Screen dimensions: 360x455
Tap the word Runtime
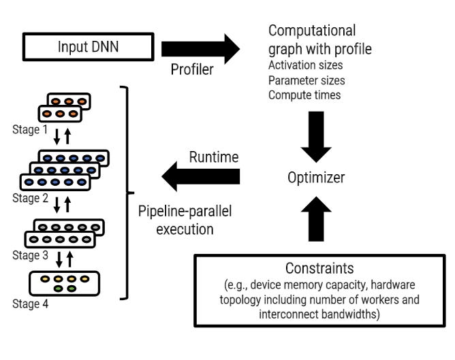pos(213,158)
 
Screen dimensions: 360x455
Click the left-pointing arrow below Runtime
pos(200,178)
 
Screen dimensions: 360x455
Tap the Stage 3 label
pos(31,256)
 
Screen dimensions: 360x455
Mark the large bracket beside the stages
pos(127,193)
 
